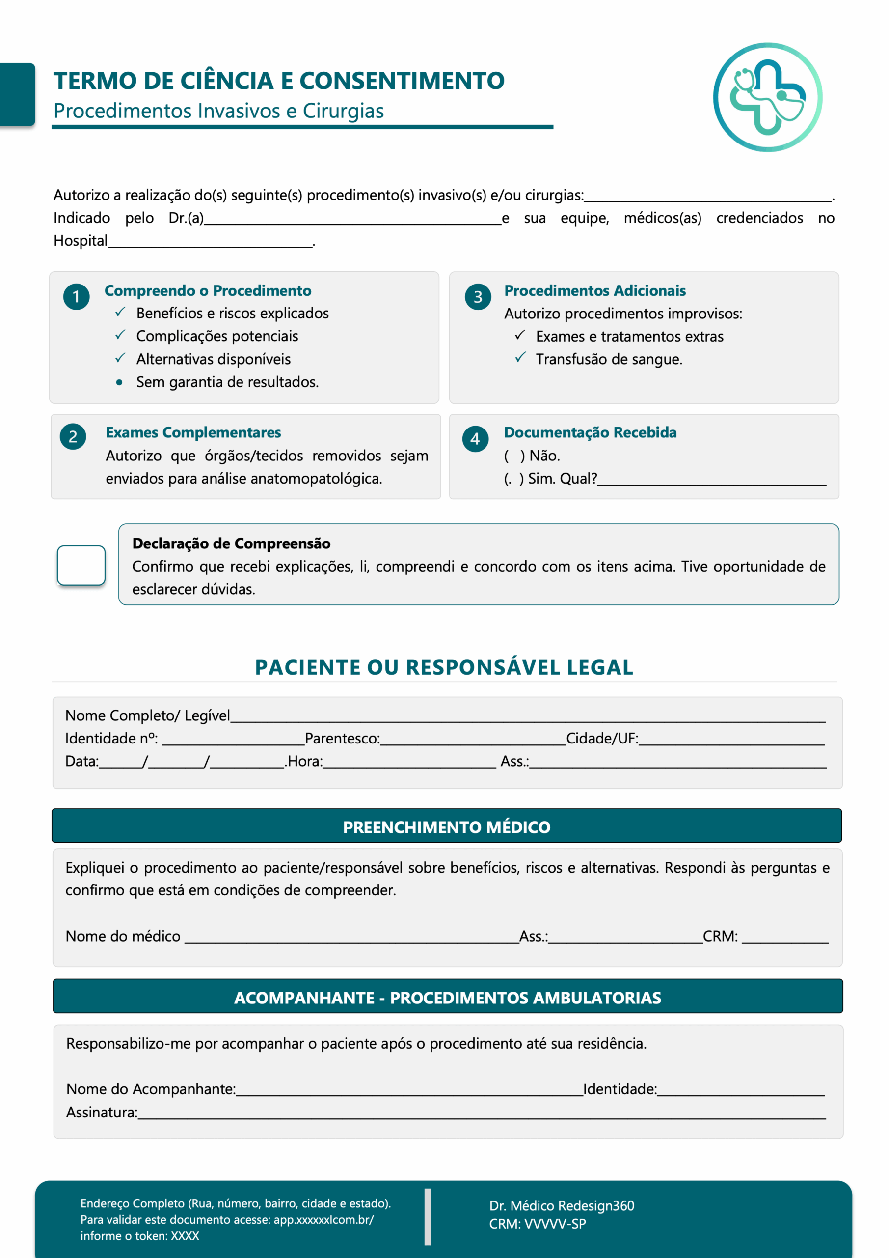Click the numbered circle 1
(x=76, y=297)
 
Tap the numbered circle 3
(x=478, y=297)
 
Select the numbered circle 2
(x=73, y=437)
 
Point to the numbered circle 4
(x=475, y=439)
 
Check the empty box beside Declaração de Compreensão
(x=81, y=565)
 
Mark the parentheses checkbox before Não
(x=514, y=456)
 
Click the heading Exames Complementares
(x=193, y=432)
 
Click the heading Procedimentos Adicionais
(x=594, y=290)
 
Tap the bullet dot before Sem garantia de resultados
(x=119, y=382)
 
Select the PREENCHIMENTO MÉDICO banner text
(x=446, y=827)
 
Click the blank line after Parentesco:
(x=473, y=740)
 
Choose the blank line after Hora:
(x=409, y=763)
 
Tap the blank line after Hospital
(x=210, y=243)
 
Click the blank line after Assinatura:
(x=482, y=1115)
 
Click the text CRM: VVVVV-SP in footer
(x=537, y=1224)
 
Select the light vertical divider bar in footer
(x=428, y=1217)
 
